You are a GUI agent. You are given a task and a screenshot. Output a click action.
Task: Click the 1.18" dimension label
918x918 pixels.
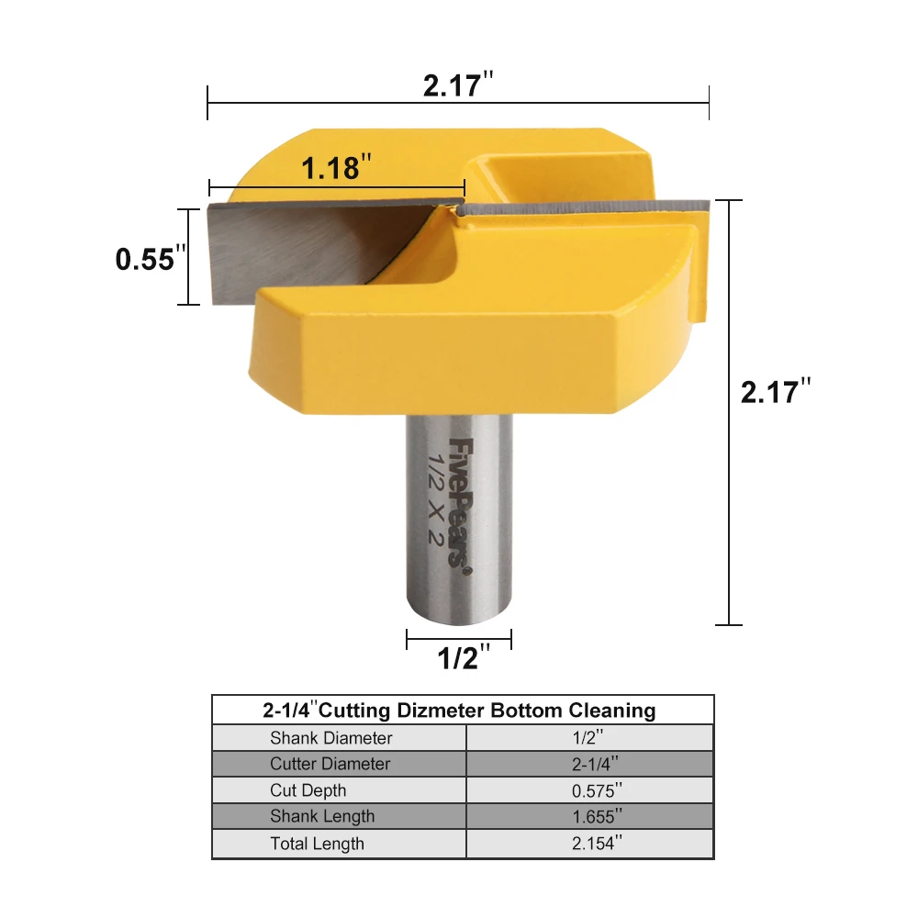pyautogui.click(x=336, y=167)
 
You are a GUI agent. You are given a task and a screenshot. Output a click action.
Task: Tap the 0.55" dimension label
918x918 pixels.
pyautogui.click(x=151, y=258)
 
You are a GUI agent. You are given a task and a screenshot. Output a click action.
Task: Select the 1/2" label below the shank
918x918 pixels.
pyautogui.click(x=464, y=657)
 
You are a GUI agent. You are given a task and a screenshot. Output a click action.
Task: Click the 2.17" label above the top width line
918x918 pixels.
pyautogui.click(x=458, y=84)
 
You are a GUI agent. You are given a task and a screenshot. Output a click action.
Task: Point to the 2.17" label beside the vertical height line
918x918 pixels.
pyautogui.click(x=776, y=391)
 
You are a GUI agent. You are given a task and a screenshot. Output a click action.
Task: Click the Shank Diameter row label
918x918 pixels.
pyautogui.click(x=330, y=738)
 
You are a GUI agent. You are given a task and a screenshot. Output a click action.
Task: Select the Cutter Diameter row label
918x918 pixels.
pyautogui.click(x=330, y=764)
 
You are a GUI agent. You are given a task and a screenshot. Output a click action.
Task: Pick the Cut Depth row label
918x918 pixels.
pyautogui.click(x=308, y=790)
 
